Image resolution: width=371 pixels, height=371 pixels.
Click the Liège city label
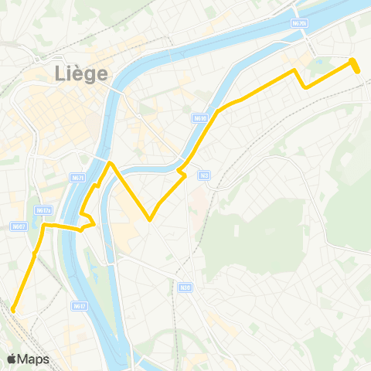click(x=81, y=73)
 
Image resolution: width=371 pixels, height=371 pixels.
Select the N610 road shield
click(x=201, y=118)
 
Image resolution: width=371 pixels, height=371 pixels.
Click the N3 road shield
click(x=205, y=176)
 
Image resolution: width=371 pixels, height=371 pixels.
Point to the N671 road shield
click(x=77, y=178)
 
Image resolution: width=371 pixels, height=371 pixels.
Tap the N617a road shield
click(x=43, y=209)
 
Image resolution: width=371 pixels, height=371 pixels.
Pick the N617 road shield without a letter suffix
click(x=80, y=306)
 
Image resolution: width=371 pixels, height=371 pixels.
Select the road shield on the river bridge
click(x=300, y=23)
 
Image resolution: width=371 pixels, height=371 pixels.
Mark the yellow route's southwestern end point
click(x=13, y=309)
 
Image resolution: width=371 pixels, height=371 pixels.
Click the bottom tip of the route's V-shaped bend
click(x=149, y=219)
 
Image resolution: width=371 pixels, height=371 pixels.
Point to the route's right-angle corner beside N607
click(x=44, y=225)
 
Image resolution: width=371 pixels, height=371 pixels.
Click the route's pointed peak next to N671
click(x=111, y=163)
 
